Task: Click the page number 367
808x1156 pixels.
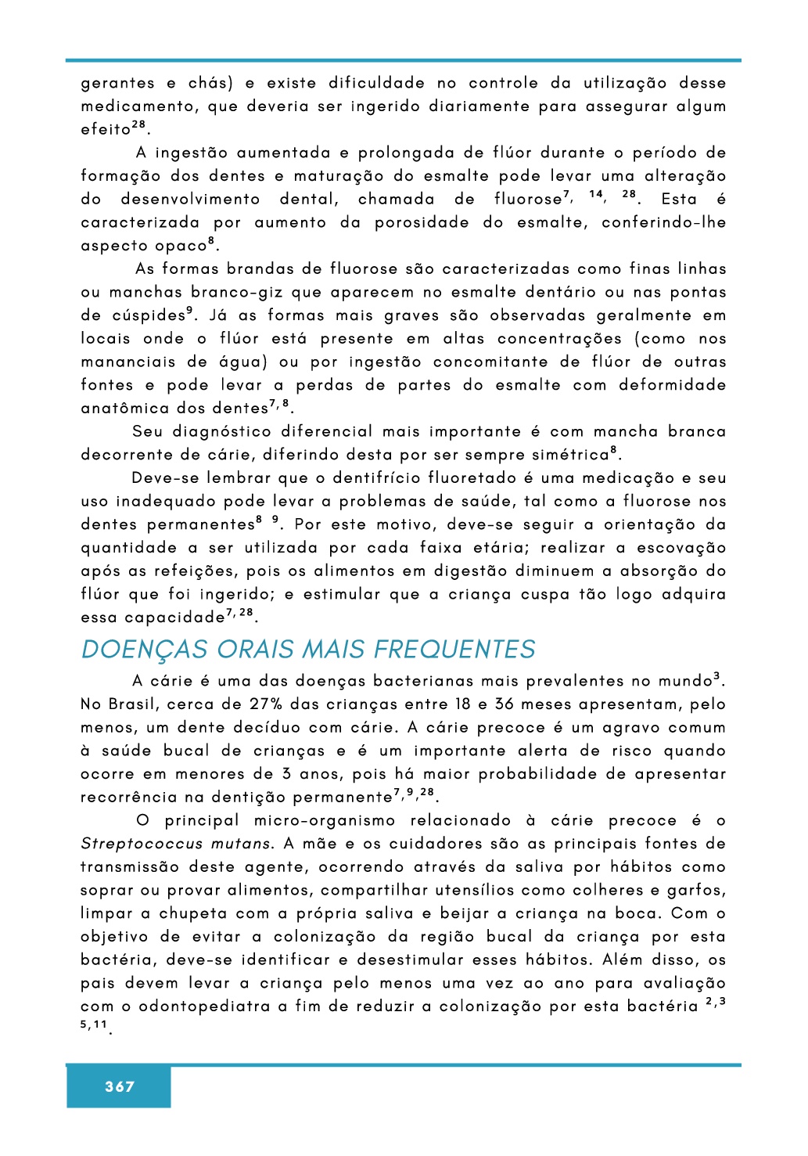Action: (119, 1086)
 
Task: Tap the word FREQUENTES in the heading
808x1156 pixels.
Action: (454, 650)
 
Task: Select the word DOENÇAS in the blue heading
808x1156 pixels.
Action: (145, 650)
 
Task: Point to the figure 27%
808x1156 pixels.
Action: (266, 704)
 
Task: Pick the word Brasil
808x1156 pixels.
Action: (132, 704)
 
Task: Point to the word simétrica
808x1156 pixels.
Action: (569, 455)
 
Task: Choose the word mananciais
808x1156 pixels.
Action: (125, 362)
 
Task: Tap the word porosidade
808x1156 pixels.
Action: (422, 223)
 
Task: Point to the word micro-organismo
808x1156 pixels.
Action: (325, 821)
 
